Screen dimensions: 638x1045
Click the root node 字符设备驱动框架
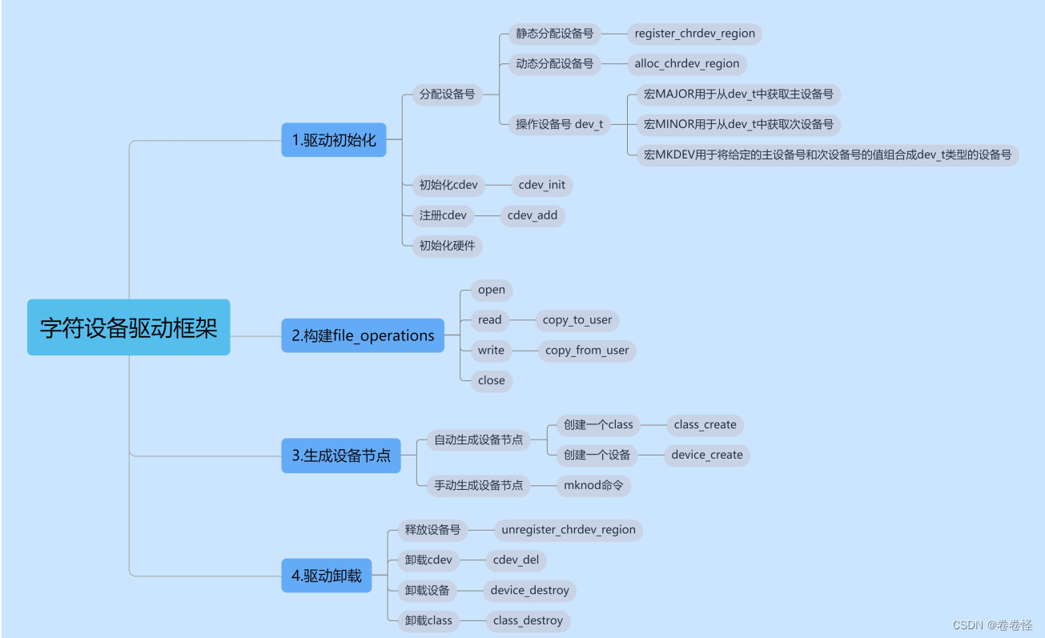[129, 327]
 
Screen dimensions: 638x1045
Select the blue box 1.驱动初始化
[334, 140]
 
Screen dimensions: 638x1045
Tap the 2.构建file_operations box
[363, 335]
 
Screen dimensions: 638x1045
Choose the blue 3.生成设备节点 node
[341, 455]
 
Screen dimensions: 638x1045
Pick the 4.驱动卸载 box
[327, 576]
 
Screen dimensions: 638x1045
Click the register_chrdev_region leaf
[694, 34]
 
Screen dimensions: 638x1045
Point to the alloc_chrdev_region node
[687, 64]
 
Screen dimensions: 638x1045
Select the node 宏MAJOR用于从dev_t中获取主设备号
[738, 94]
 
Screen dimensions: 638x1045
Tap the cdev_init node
[542, 185]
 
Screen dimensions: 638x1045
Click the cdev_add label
[533, 215]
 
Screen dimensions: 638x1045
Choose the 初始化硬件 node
[448, 246]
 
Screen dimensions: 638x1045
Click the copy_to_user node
[577, 320]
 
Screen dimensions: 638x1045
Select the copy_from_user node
[587, 351]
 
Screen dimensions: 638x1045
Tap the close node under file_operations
[491, 380]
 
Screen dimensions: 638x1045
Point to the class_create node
[705, 425]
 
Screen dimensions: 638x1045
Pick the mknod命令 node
[593, 485]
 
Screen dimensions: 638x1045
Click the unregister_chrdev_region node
[569, 530]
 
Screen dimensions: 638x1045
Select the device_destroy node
[530, 591]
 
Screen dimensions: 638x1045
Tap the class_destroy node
[528, 620]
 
